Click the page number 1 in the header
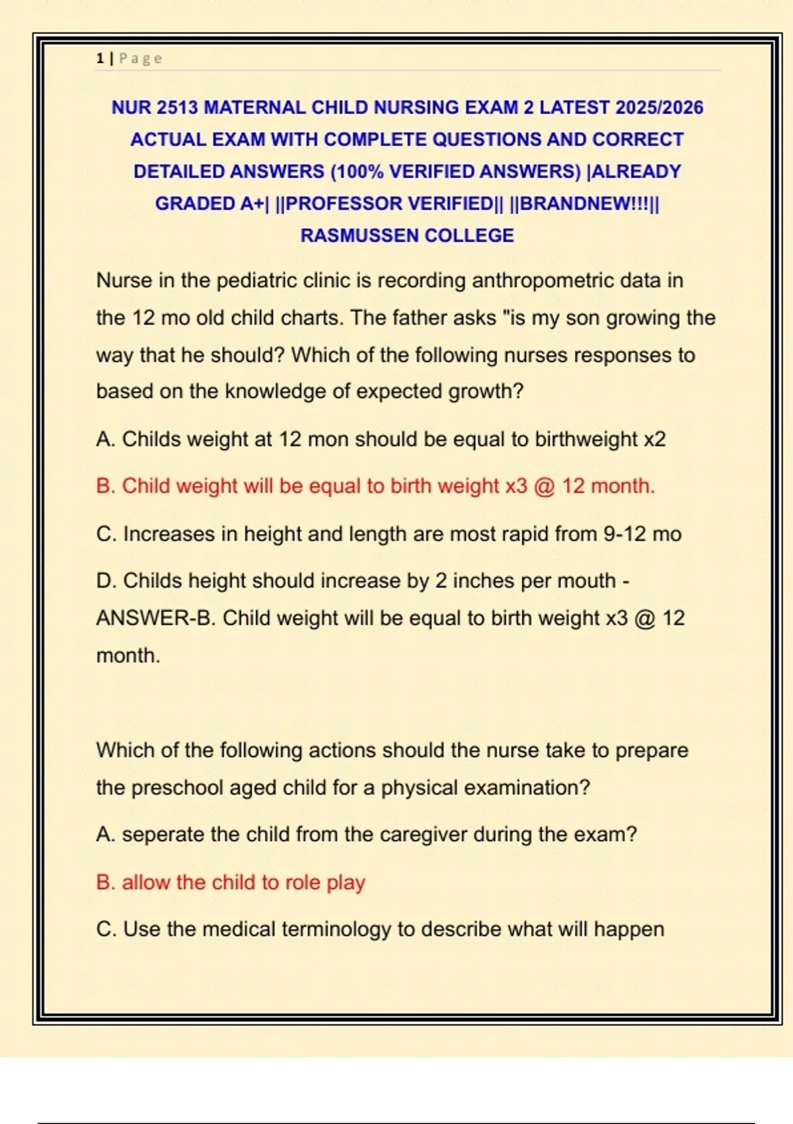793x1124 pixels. coord(100,58)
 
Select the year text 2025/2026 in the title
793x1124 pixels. coord(659,107)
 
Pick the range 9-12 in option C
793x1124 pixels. coord(624,534)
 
